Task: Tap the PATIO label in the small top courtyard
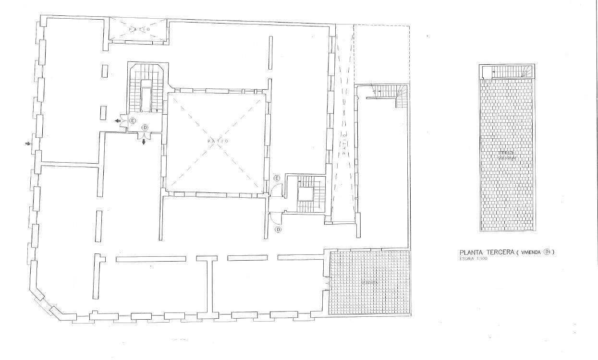coord(139,30)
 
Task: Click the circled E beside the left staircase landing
coord(133,120)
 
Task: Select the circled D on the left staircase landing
coord(145,127)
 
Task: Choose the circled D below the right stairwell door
coord(278,230)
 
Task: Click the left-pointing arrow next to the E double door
coord(117,121)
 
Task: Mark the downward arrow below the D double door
coord(144,142)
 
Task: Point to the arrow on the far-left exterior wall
coord(28,143)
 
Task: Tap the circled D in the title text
coord(546,252)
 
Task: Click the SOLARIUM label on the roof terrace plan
coord(506,157)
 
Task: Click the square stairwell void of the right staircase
coord(305,194)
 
